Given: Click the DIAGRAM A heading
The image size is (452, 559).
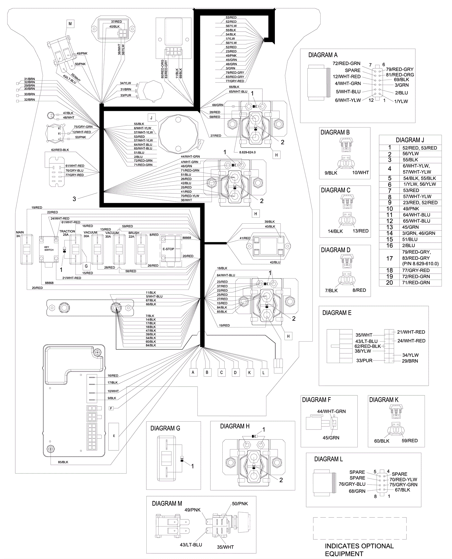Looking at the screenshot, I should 323,55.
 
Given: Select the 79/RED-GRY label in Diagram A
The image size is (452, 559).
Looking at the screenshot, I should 399,69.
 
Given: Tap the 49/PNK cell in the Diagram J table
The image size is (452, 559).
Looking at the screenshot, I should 411,209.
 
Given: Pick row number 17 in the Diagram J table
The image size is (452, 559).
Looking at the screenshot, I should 389,258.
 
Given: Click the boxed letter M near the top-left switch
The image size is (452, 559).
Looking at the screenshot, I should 70,24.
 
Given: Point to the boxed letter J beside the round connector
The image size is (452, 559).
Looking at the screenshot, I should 151,118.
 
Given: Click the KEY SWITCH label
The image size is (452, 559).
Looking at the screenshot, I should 49,249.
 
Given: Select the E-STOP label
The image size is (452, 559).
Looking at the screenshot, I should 168,249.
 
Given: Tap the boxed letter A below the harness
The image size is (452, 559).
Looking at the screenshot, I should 193,372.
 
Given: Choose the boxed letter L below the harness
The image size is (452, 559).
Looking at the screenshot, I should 264,373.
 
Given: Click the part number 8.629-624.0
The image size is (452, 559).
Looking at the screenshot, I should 247,152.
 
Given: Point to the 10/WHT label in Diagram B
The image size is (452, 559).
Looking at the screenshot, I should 360,172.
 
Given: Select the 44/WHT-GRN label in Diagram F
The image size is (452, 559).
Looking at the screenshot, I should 331,411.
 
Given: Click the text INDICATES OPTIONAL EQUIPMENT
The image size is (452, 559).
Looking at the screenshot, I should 359,550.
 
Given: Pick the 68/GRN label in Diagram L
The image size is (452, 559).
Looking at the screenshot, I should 357,491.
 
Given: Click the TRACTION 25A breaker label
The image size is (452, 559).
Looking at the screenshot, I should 67,233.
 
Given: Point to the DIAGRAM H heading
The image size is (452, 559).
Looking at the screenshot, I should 234,426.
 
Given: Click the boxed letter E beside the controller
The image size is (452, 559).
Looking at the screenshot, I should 114,436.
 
